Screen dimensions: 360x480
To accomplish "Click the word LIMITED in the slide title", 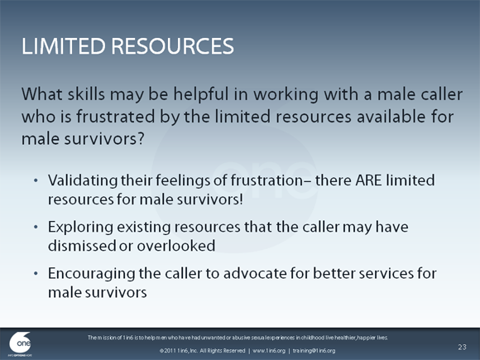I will coord(60,46).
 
